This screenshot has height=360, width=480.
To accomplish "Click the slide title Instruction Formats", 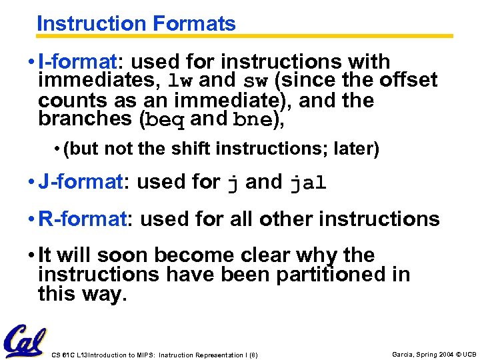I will pos(136,24).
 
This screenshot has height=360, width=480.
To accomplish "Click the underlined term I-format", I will pos(77,62).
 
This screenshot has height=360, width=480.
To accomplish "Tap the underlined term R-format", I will pos(82,219).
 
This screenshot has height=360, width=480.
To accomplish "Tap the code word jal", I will pos(308,183).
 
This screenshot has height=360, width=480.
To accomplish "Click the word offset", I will pos(408,81).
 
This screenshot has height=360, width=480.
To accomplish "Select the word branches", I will pos(85,119).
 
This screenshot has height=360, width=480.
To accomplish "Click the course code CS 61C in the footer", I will pos(64,354).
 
